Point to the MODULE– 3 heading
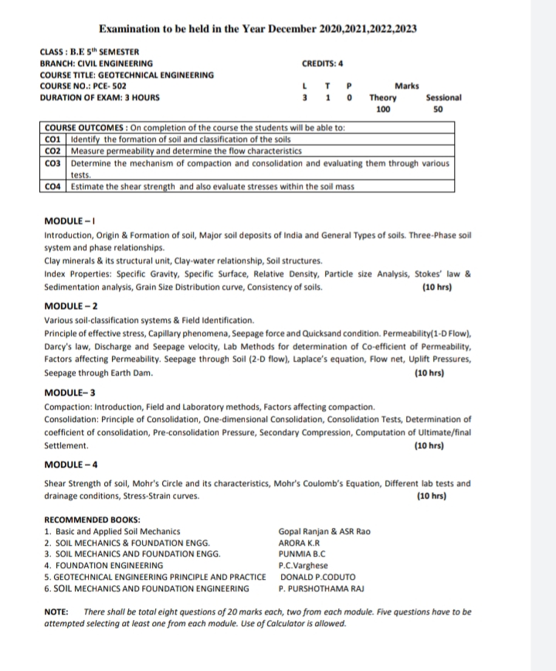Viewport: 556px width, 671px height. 69,393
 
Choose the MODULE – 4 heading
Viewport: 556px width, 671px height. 70,465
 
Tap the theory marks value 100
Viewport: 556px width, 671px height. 383,111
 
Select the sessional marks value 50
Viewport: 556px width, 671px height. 439,111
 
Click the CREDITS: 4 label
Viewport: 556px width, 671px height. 323,63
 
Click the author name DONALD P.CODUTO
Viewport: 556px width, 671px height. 317,577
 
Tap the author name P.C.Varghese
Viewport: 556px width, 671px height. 303,565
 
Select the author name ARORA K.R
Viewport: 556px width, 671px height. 297,543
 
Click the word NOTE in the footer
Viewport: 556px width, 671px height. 56,611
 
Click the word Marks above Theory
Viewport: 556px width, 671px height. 406,86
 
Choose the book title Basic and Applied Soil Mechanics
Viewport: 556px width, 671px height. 116,531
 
